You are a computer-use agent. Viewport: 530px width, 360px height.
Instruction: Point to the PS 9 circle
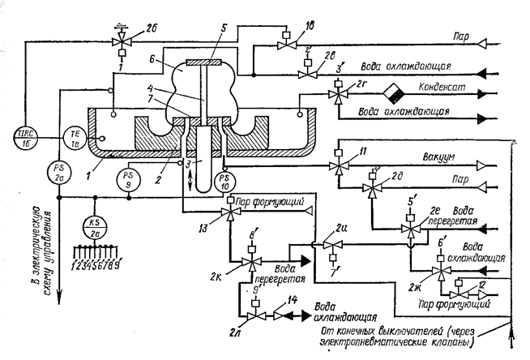click(x=126, y=176)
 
